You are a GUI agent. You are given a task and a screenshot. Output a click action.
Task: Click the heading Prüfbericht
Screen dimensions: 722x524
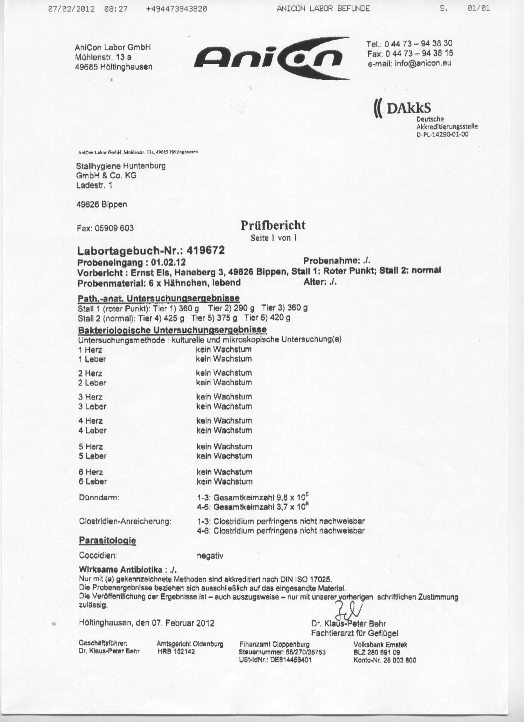pyautogui.click(x=273, y=225)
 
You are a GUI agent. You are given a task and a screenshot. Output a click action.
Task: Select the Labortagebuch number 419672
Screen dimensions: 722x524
pyautogui.click(x=205, y=251)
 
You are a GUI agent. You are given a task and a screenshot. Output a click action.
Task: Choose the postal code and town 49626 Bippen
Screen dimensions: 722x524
pyautogui.click(x=102, y=204)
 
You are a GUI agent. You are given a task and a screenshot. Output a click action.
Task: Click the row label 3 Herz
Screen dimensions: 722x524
pyautogui.click(x=90, y=397)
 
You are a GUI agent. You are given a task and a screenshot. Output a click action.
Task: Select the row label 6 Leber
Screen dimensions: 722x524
pyautogui.click(x=92, y=482)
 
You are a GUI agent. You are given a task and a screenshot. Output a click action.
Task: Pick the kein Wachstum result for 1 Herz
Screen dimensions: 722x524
pyautogui.click(x=224, y=350)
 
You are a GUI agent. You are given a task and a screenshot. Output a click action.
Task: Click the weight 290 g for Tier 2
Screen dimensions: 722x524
pyautogui.click(x=244, y=308)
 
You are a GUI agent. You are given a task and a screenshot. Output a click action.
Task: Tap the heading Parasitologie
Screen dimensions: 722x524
pyautogui.click(x=107, y=541)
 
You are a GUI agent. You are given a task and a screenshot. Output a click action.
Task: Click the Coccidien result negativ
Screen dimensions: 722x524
pyautogui.click(x=210, y=556)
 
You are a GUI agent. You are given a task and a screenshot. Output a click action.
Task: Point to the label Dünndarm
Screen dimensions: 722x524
pyautogui.click(x=99, y=498)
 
